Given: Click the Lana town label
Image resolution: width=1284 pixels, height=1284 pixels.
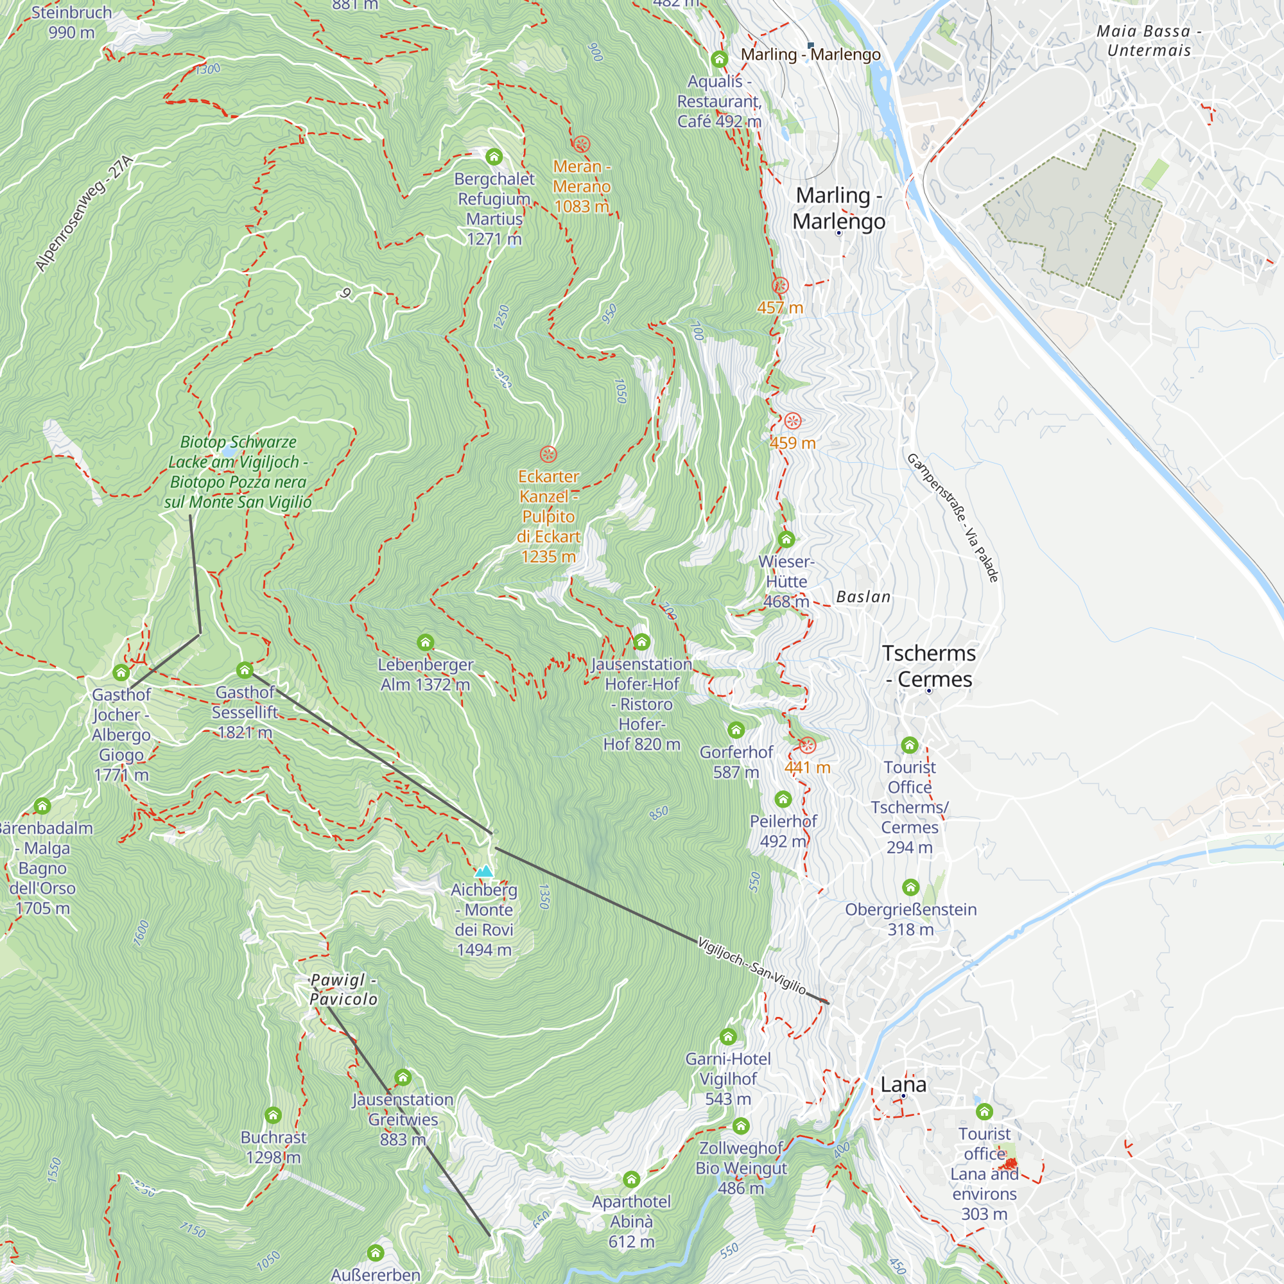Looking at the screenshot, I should coord(903,1084).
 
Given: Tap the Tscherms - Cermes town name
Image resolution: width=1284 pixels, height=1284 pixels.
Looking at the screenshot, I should coord(929,666).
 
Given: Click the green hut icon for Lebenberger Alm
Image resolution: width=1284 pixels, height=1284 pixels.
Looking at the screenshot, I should coord(426,643).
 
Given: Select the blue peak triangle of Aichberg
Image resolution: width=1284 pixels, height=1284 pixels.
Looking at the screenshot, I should coord(484,871).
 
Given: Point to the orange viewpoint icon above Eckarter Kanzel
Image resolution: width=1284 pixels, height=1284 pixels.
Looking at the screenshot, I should coord(548,455).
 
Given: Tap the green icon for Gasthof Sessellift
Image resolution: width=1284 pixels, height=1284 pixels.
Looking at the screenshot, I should coord(245,669).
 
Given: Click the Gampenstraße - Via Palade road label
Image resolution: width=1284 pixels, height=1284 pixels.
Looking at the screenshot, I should coord(952,517).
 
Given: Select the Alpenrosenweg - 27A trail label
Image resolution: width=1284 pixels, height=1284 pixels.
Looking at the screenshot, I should coord(84,214).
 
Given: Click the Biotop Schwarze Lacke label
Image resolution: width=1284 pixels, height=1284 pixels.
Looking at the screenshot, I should coord(238,472).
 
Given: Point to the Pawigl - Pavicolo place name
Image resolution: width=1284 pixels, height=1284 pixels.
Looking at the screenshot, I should coord(343,989).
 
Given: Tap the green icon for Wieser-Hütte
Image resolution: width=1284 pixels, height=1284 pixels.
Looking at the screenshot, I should coord(786,539).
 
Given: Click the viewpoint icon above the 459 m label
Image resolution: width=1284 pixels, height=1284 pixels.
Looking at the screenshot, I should coord(792,421).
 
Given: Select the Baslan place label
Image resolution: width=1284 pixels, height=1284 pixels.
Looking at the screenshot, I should coord(863,597).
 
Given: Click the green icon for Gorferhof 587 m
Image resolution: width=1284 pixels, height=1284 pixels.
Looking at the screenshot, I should coord(736,731).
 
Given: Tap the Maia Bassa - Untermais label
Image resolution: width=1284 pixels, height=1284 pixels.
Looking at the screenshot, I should coord(1149,40).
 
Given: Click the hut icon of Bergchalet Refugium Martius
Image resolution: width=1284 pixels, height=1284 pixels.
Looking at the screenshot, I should coord(494,157).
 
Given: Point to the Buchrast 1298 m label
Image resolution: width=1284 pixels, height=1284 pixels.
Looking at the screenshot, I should coord(273,1147).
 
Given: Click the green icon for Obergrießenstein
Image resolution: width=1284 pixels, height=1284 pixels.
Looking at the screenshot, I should coord(910,887).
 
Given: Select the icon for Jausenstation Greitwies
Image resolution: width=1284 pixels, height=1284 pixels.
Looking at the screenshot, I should coord(403,1077).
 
